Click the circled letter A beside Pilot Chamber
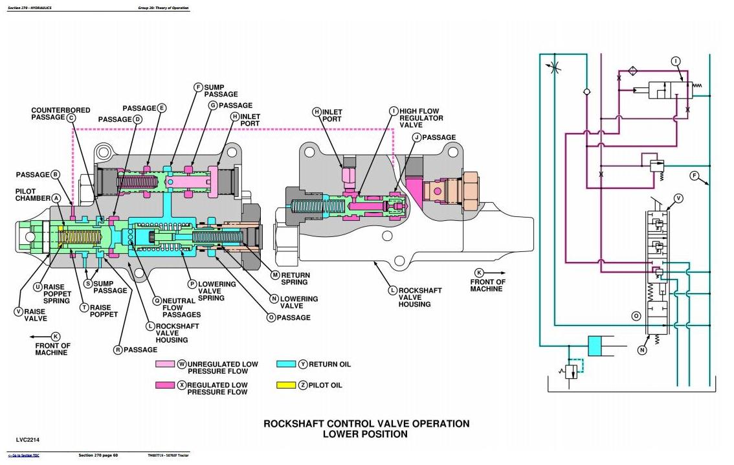click(56, 198)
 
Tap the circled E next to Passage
click(162, 108)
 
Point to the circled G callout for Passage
click(212, 105)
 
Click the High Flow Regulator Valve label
click(421, 118)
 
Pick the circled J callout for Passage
click(417, 137)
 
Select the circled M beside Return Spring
click(275, 275)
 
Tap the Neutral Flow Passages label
click(181, 308)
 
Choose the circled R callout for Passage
click(118, 350)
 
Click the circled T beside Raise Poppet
click(84, 308)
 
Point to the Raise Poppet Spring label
click(56, 293)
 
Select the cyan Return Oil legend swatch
click(286, 364)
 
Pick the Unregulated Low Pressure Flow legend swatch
click(166, 365)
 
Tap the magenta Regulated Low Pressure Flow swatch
click(166, 385)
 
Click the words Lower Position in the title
click(365, 435)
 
